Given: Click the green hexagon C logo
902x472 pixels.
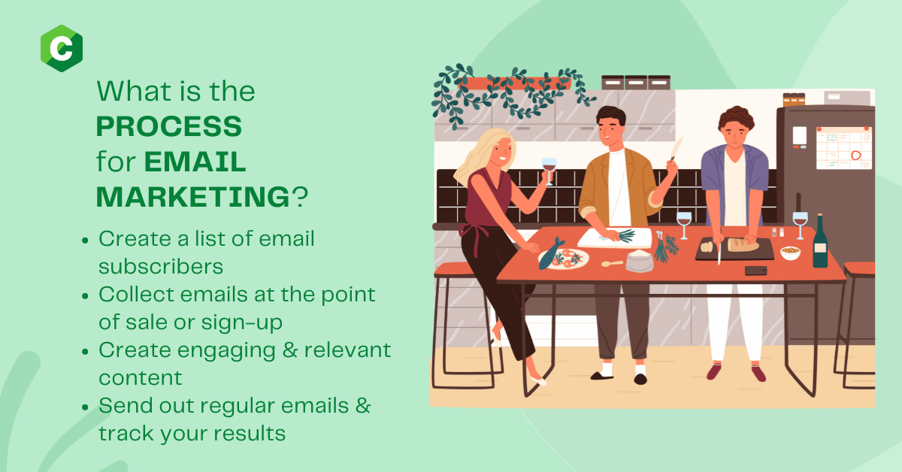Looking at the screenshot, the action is (62, 48).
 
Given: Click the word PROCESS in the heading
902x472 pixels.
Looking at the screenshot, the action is (168, 126).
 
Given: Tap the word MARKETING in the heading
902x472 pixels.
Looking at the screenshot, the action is (193, 197).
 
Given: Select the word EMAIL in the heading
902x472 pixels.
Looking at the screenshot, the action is (195, 162).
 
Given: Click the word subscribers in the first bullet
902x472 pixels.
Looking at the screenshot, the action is (161, 267).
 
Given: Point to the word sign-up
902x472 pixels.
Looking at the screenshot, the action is (241, 323).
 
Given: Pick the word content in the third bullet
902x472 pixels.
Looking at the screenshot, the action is (140, 378).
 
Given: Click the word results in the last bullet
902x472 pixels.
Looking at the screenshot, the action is (250, 434).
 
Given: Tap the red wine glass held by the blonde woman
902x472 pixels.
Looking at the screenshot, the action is (549, 171).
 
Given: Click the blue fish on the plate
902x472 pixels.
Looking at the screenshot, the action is (551, 254).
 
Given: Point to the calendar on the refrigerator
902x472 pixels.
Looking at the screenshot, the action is (844, 148).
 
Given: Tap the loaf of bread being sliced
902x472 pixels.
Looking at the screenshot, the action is (743, 244).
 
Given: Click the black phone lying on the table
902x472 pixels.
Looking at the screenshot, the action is (755, 271).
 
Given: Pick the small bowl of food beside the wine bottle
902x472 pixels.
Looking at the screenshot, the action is (791, 253).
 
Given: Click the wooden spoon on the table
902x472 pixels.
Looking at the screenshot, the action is (612, 263).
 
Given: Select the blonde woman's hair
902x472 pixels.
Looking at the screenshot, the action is (483, 155).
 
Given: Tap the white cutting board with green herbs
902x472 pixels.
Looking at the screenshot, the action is (615, 238).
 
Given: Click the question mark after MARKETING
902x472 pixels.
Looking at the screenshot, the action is (300, 197).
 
